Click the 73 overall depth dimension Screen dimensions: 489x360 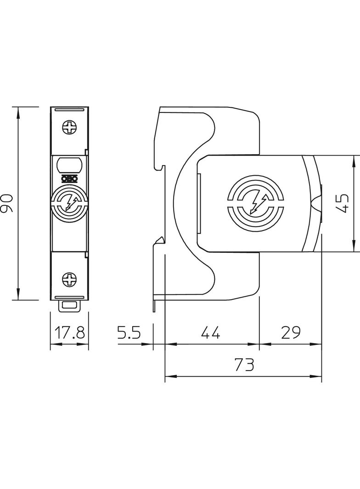(x=243, y=365)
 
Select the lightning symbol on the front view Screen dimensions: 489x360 (x=70, y=202)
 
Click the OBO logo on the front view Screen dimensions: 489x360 (x=69, y=179)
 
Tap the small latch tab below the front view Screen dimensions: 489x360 (x=70, y=305)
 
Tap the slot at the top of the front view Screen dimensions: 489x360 (x=70, y=110)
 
